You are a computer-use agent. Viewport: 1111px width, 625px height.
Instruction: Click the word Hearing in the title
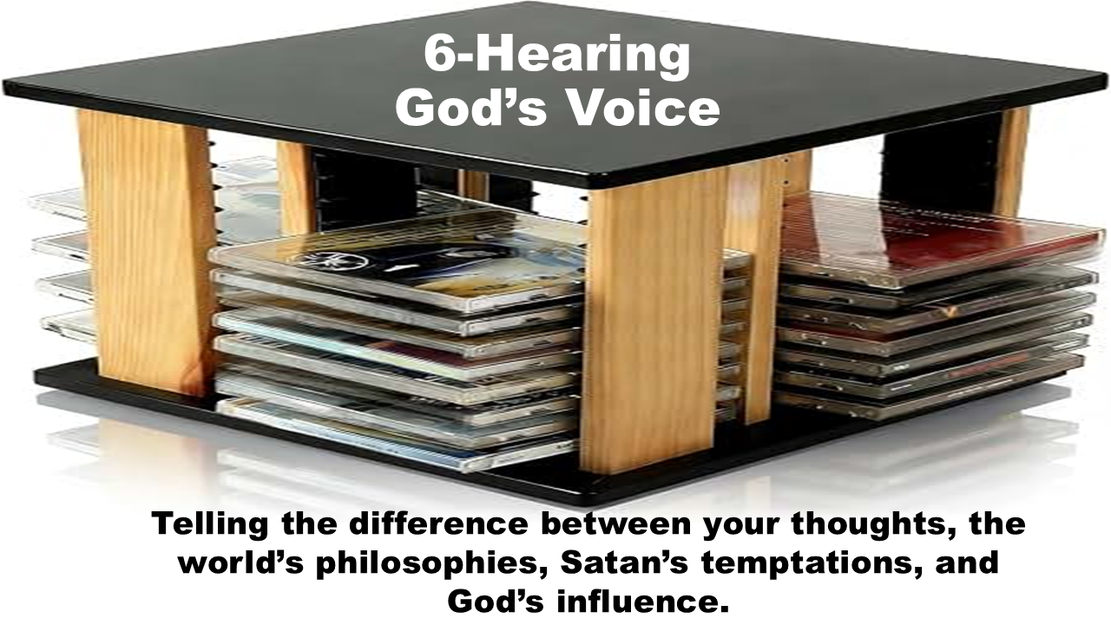point(583,57)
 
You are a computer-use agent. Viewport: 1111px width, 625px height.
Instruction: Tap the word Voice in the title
point(644,109)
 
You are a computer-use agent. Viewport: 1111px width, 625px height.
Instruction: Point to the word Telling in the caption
point(210,524)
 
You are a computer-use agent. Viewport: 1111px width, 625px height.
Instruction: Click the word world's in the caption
point(240,563)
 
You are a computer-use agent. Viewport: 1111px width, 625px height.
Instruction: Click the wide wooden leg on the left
point(148,248)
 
